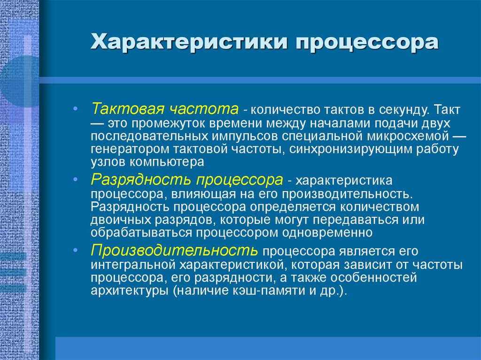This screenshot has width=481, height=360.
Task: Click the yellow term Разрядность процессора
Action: [187, 180]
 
